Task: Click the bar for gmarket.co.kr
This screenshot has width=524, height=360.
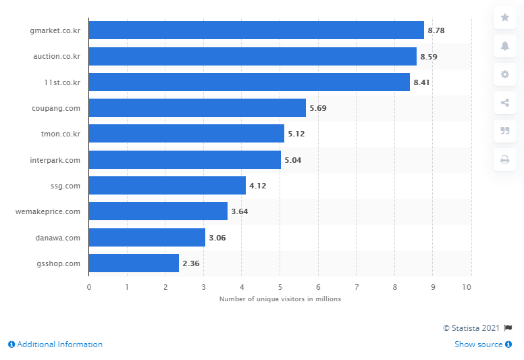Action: pos(257,30)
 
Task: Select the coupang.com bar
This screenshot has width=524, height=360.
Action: pos(197,108)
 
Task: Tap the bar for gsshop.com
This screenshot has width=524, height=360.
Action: pos(134,263)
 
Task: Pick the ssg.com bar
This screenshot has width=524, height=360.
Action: pos(167,186)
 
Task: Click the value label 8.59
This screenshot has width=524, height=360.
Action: pos(429,57)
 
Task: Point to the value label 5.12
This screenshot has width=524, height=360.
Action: pos(296,134)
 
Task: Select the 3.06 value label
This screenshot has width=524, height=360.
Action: pos(217,238)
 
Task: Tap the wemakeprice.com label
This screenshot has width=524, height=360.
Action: pos(47,211)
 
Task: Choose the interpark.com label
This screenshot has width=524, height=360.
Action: pos(57,160)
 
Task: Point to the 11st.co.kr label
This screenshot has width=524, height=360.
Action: pos(63,82)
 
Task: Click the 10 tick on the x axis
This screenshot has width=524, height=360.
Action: pos(467,287)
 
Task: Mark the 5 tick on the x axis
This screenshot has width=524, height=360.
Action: pos(280,287)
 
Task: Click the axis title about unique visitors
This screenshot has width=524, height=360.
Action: pos(280,299)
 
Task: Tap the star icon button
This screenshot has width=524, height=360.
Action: pos(504,18)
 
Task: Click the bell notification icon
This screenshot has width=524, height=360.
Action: pos(504,46)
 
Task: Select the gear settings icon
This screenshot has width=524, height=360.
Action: pos(504,74)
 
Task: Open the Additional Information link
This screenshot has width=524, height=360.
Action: pos(55,344)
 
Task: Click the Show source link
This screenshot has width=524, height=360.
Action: pos(478,344)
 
